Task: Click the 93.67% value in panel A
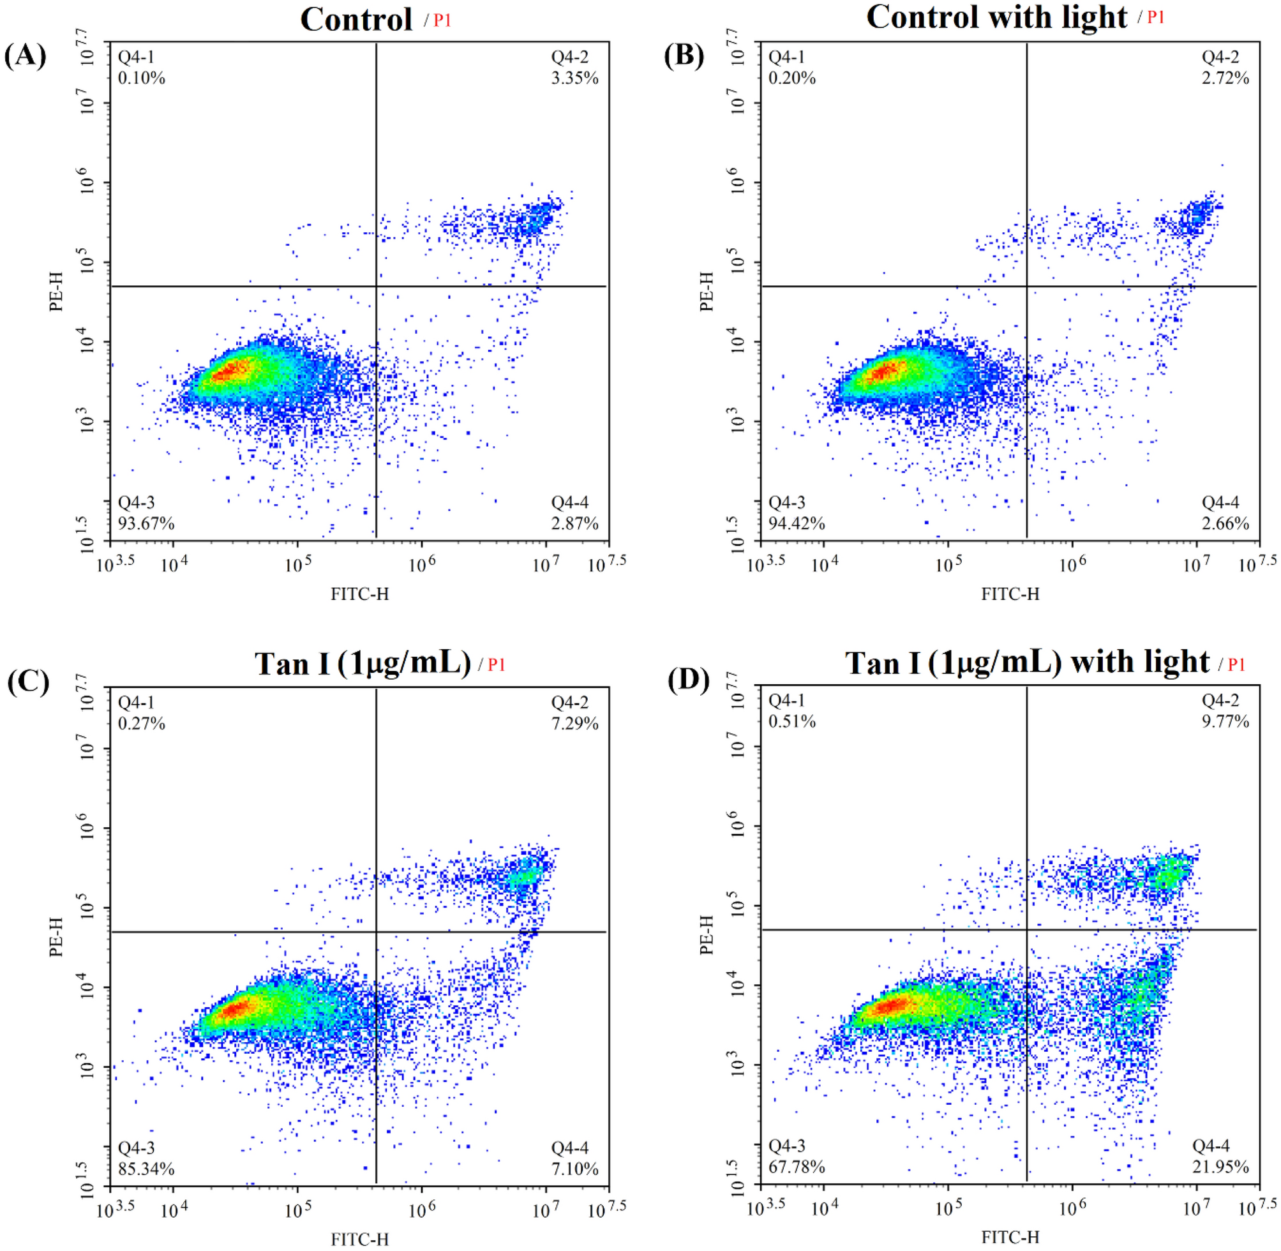coord(146,523)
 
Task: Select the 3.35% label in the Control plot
coord(574,78)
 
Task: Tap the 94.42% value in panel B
coord(796,523)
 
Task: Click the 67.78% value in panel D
coord(796,1167)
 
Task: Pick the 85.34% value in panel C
coord(146,1169)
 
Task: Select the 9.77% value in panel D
coord(1225,721)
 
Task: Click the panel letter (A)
coord(25,56)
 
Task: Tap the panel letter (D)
coord(688,682)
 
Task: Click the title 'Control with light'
coord(996,17)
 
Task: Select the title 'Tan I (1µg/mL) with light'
coord(1027,663)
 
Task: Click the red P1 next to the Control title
coord(442,20)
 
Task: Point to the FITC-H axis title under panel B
coord(1010,594)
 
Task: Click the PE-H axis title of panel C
coord(57,936)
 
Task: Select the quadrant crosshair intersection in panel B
coord(1026,287)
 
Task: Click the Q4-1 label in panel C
coord(136,702)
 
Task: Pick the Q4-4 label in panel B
coord(1220,503)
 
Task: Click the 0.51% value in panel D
coord(792,721)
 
